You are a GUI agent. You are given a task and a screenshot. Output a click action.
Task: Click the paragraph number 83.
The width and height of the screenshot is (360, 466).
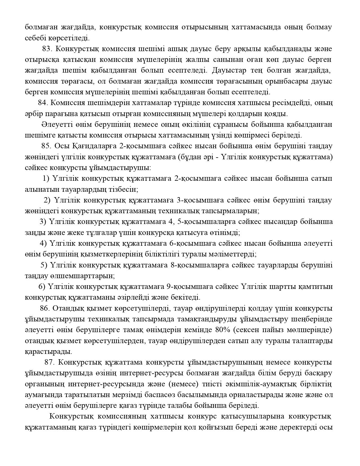pos(47,49)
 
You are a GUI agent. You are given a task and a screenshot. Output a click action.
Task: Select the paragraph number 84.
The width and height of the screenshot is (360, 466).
pos(43,103)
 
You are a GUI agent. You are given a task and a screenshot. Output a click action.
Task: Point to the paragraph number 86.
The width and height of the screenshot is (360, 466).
pos(45,308)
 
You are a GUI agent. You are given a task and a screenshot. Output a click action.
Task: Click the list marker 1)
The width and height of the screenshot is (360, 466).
pos(46,178)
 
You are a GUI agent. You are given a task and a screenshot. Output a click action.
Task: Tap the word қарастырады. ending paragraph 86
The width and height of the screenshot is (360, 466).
pos(48,352)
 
